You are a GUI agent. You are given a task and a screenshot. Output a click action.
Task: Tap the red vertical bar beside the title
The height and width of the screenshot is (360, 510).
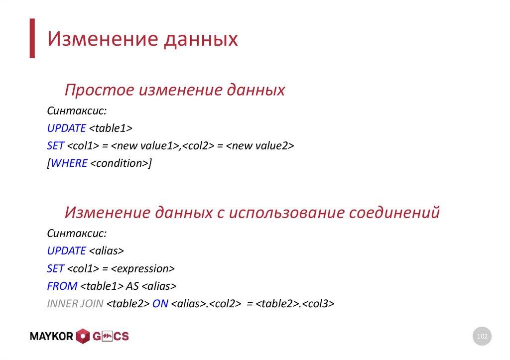[32, 38]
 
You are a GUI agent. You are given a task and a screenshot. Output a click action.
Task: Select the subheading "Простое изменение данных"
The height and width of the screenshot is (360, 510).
[175, 90]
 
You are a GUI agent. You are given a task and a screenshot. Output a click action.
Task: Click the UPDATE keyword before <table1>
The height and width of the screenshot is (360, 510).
[66, 128]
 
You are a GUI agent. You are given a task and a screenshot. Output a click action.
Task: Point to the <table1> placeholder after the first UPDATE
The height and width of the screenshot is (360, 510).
[111, 128]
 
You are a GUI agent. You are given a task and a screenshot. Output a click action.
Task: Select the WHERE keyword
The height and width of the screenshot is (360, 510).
[69, 163]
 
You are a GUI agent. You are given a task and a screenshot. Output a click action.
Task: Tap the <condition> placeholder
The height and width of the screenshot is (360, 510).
[119, 163]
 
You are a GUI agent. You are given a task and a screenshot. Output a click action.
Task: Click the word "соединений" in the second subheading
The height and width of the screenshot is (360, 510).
[393, 213]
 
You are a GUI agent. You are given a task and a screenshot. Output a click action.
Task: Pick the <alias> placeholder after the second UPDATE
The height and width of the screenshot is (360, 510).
[106, 251]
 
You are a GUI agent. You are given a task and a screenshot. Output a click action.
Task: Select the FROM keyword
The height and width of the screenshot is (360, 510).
[62, 286]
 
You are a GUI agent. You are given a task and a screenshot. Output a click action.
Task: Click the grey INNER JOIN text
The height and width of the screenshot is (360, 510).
[75, 303]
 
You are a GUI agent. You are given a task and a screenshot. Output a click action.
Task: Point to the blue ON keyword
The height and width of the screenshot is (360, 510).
[160, 303]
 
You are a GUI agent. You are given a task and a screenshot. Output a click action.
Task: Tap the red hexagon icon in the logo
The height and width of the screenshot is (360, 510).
[83, 337]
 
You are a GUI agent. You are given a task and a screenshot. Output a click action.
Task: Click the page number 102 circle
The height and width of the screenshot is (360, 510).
[482, 337]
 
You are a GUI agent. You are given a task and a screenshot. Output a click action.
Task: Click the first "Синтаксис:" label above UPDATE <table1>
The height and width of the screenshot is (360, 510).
[77, 111]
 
